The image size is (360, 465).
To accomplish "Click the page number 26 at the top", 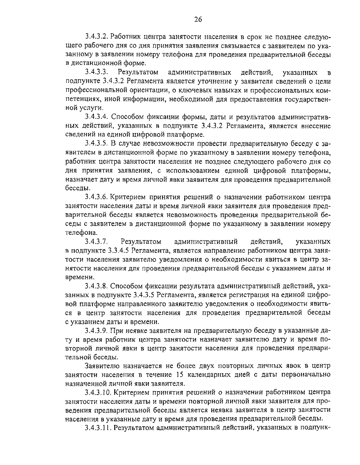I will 198,19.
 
